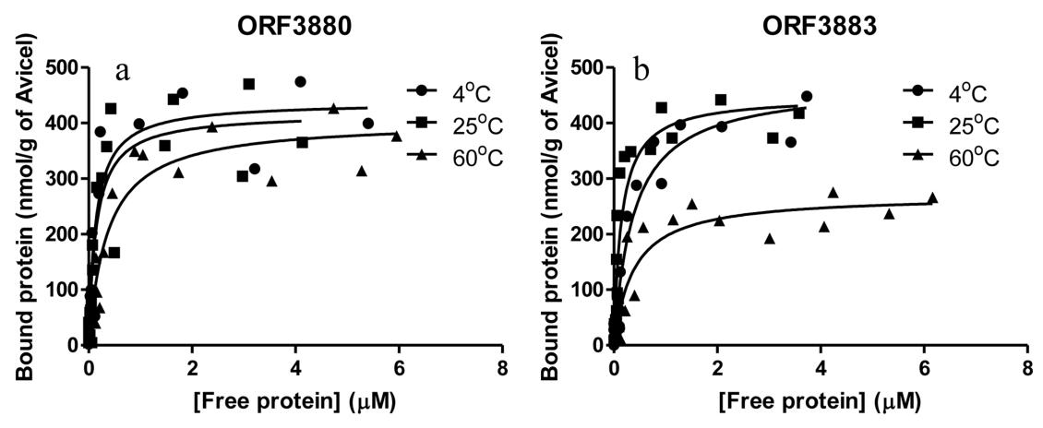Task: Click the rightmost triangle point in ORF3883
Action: pyautogui.click(x=932, y=197)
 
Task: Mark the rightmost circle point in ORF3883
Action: pyautogui.click(x=807, y=96)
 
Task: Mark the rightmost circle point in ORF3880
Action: pyautogui.click(x=368, y=123)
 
